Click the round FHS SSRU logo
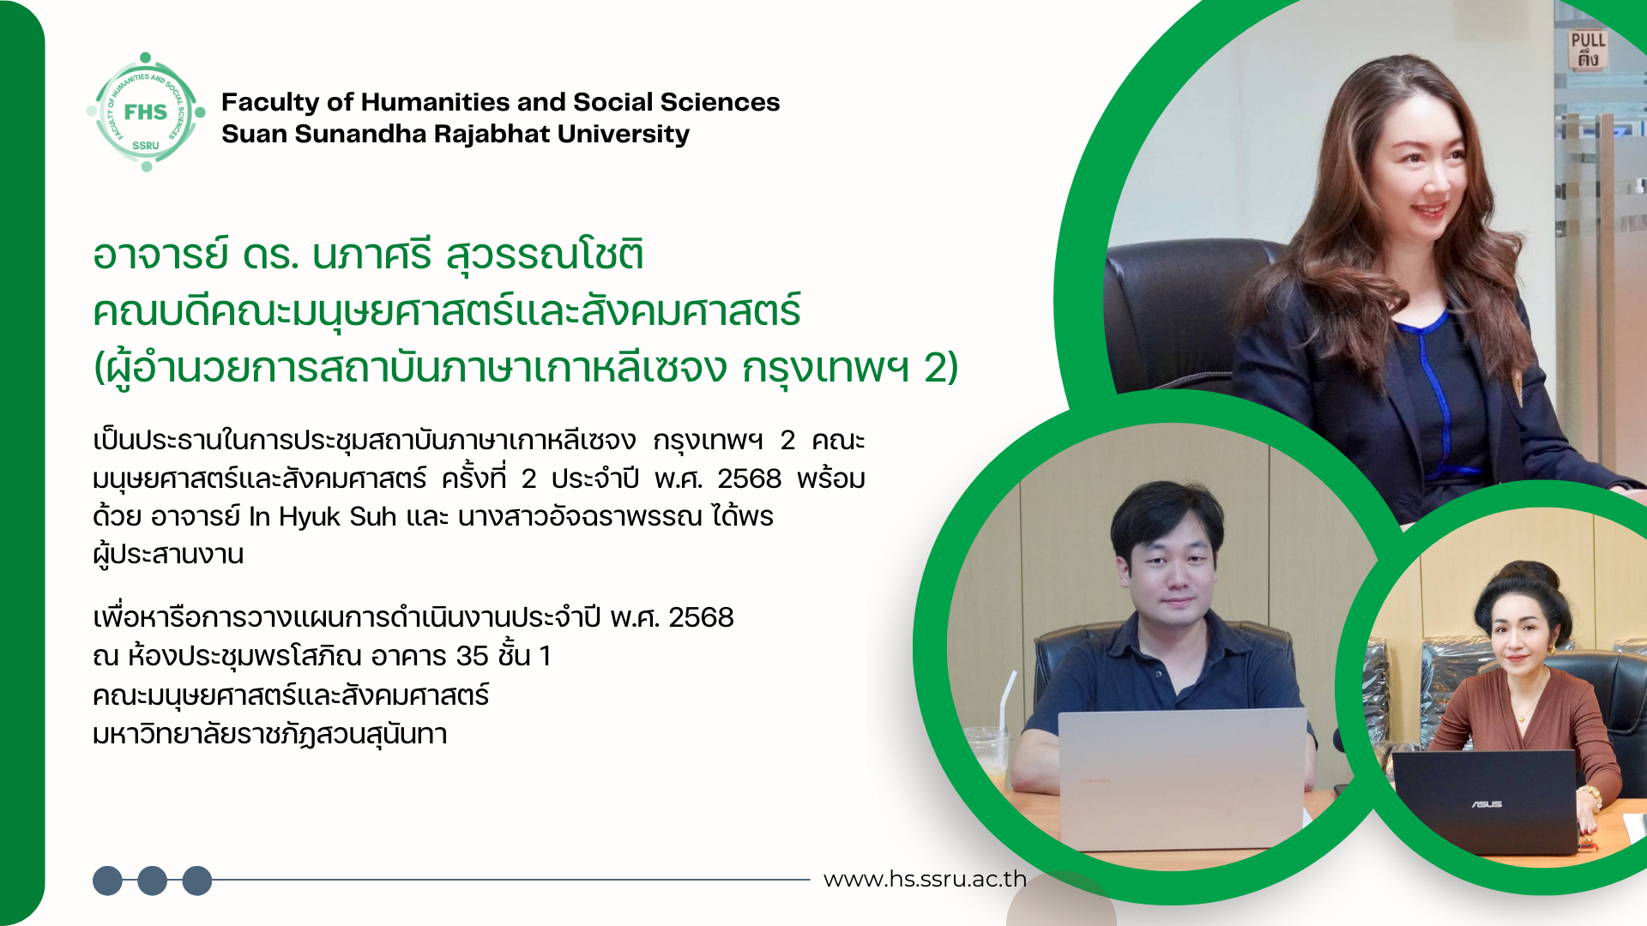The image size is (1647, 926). coord(146,112)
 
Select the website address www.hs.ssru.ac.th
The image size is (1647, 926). coord(925,879)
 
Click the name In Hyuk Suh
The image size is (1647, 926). coord(323,516)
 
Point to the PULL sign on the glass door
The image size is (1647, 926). coord(1588,50)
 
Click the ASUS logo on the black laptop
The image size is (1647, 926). coord(1487,804)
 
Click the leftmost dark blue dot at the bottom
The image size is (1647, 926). coord(107,881)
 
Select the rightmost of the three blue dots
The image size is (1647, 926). coord(197,881)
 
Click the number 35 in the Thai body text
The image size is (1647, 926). coord(472,656)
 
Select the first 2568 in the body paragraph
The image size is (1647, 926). coord(749,478)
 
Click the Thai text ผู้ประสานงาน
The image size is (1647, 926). coord(168,555)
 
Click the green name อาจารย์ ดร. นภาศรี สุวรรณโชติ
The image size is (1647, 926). coord(369,255)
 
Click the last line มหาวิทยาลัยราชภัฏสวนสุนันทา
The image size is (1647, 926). coord(270,735)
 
